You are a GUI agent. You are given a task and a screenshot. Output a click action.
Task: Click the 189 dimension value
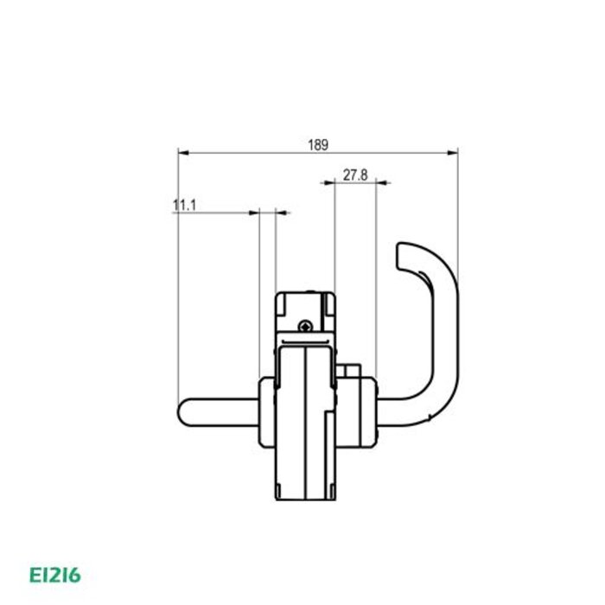(x=317, y=145)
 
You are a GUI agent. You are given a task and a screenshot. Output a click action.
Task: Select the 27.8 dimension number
(x=355, y=175)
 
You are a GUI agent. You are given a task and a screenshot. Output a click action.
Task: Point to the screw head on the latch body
(x=307, y=325)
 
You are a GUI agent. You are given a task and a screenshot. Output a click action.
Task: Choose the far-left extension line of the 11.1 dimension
(x=177, y=302)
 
